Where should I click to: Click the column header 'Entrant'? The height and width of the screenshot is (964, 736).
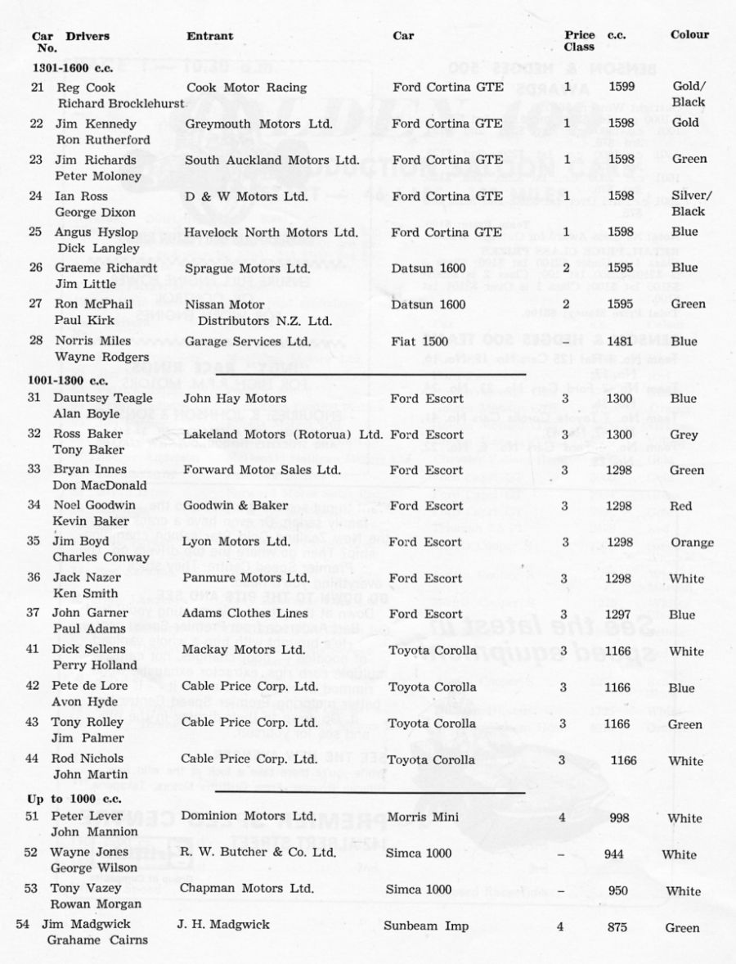coord(209,36)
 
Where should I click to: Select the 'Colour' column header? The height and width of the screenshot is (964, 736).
coord(689,35)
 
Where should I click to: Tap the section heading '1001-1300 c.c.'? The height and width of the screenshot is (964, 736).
coord(63,381)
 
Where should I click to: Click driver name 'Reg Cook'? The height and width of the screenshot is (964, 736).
coord(84,88)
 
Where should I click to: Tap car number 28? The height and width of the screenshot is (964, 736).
coord(37,341)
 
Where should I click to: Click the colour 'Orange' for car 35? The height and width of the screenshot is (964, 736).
coord(691,543)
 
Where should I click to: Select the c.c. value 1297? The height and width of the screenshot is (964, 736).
coord(619,615)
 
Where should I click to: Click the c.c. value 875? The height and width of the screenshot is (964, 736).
coord(617,927)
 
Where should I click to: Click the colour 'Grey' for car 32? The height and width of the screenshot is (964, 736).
coord(683,435)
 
